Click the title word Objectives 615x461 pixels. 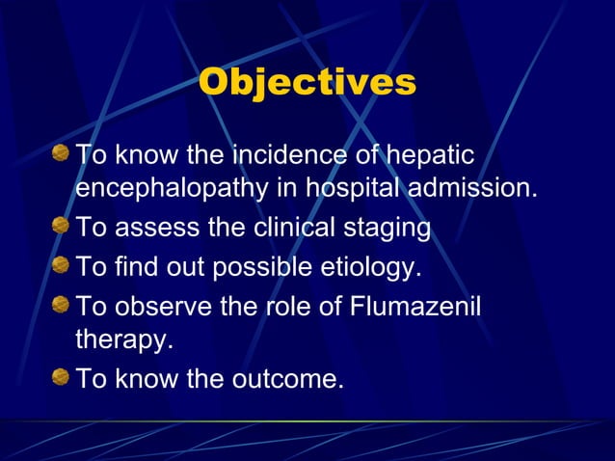tap(307, 82)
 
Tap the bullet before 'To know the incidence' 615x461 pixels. tap(61, 152)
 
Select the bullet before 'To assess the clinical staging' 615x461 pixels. tap(61, 227)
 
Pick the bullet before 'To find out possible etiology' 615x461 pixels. tap(61, 264)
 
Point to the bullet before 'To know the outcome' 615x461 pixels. tap(61, 378)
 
